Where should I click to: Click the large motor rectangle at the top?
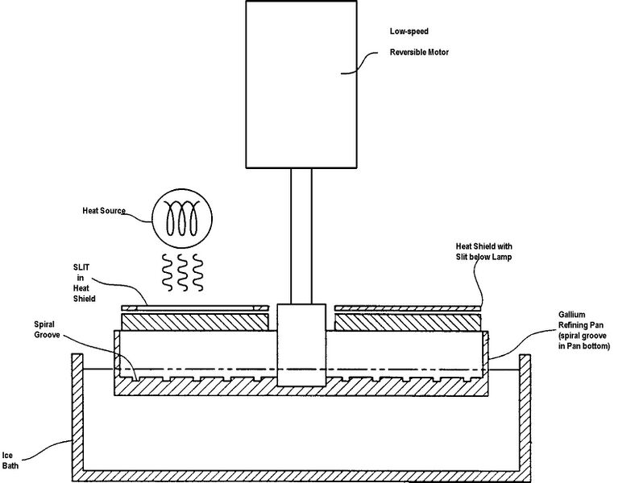point(301,85)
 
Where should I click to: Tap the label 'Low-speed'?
point(409,31)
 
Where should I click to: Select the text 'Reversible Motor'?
point(419,52)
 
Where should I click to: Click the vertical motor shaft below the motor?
point(301,236)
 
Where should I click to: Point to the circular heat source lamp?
point(182,218)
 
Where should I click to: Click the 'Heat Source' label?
point(104,211)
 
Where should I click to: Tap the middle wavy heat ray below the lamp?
point(182,272)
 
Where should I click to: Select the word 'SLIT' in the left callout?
point(81,267)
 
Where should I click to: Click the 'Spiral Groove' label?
point(47,329)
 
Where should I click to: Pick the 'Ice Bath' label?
point(10,460)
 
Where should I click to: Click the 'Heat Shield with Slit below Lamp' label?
point(484,251)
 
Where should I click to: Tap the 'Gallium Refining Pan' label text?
point(581,320)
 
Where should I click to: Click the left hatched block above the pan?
point(195,323)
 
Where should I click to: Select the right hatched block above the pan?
point(409,323)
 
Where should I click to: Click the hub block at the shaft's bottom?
point(301,345)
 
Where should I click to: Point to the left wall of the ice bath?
point(77,417)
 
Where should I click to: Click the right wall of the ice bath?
point(525,417)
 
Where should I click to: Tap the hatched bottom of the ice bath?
point(301,476)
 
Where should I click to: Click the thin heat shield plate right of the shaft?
point(409,308)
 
